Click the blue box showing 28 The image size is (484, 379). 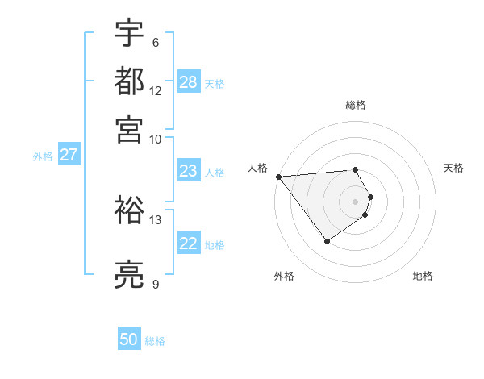pyautogui.click(x=189, y=81)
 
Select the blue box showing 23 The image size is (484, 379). pyautogui.click(x=189, y=171)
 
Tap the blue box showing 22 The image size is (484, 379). pyautogui.click(x=189, y=244)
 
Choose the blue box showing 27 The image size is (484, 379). pyautogui.click(x=69, y=155)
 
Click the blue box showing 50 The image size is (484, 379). pyautogui.click(x=129, y=339)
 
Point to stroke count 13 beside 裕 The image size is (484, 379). pyautogui.click(x=156, y=219)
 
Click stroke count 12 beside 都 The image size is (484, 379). pyautogui.click(x=156, y=90)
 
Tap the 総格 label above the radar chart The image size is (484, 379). pyautogui.click(x=356, y=105)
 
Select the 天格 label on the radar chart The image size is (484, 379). pyautogui.click(x=453, y=168)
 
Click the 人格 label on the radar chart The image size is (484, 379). pyautogui.click(x=258, y=168)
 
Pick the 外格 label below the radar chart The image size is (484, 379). pyautogui.click(x=284, y=276)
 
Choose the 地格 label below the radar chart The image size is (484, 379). pyautogui.click(x=423, y=276)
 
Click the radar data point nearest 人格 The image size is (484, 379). pyautogui.click(x=278, y=177)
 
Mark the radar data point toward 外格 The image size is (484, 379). pyautogui.click(x=327, y=241)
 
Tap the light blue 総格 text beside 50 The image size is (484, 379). pyautogui.click(x=155, y=341)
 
